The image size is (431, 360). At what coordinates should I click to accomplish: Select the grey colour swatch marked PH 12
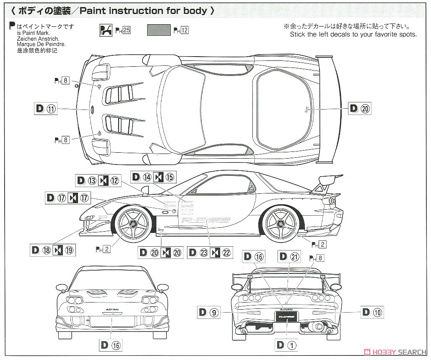tap(159, 30)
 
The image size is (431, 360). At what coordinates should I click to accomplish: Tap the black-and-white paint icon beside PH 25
tap(106, 30)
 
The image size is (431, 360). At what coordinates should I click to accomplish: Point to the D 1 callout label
tap(287, 345)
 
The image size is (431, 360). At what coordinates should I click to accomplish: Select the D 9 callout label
tap(208, 312)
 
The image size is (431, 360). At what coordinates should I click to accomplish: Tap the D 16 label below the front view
tap(111, 345)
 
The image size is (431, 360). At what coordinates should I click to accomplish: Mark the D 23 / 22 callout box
tap(210, 253)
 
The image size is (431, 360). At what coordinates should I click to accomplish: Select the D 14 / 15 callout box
tap(153, 177)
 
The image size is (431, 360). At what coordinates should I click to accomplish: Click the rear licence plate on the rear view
tap(287, 316)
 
